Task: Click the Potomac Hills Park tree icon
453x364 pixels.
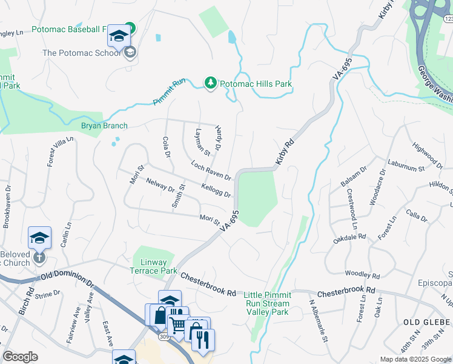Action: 210,84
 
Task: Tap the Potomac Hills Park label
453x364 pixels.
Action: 255,84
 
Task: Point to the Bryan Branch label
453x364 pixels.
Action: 104,126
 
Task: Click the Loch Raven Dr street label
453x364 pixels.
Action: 211,170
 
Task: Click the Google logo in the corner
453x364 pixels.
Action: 20,357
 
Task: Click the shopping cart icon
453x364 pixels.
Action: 177,326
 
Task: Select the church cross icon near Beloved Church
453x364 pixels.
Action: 39,257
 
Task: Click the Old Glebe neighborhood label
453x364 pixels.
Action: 426,320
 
